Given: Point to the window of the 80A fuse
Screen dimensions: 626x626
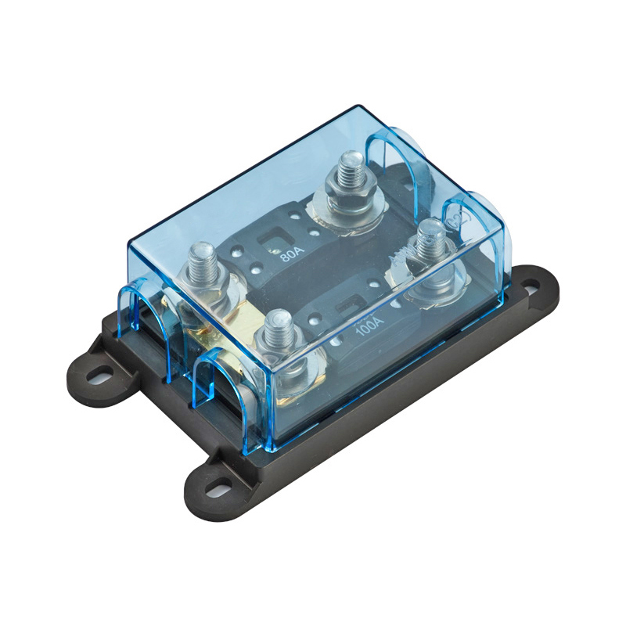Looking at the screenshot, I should pos(275,232).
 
